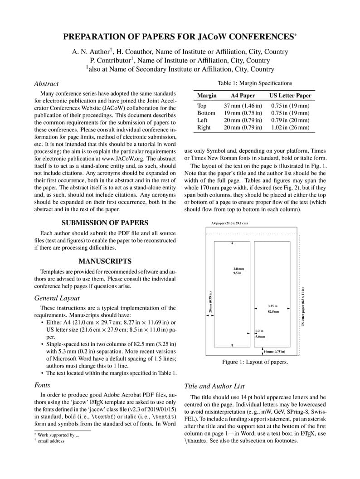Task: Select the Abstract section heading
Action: [x=46, y=83]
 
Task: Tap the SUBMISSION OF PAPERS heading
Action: [x=105, y=223]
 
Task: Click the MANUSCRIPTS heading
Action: [x=105, y=261]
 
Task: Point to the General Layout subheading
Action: [x=57, y=298]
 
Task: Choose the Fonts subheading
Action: [x=42, y=385]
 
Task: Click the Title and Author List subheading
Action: [x=214, y=386]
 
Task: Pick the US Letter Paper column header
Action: [x=290, y=96]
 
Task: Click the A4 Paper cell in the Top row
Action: [x=243, y=106]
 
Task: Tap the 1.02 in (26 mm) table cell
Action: [x=290, y=128]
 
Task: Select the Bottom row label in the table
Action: [x=206, y=113]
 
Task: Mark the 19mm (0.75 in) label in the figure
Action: [x=274, y=351]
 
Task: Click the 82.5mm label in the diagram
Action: [x=273, y=312]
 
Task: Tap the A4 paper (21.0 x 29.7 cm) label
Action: [x=229, y=223]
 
